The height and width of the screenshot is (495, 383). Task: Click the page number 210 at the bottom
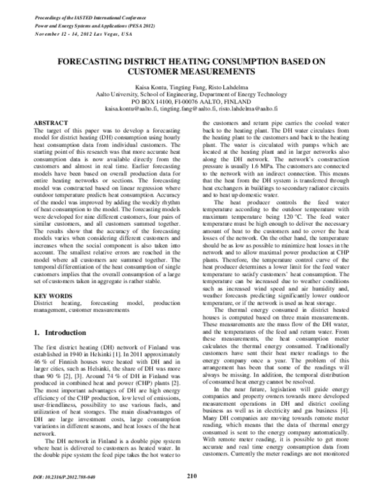click(x=191, y=475)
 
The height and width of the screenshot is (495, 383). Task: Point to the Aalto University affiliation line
click(x=191, y=94)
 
